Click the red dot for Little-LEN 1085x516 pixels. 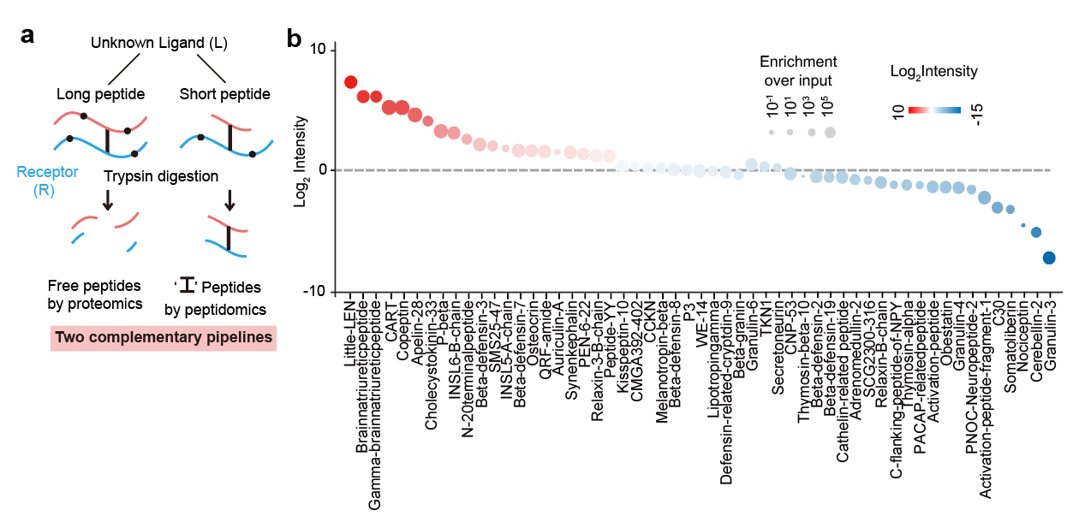[x=350, y=82]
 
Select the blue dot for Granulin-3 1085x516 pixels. [x=1048, y=258]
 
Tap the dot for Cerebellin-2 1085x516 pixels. [x=1035, y=232]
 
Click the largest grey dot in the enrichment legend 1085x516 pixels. [x=830, y=132]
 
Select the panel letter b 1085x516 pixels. [x=294, y=39]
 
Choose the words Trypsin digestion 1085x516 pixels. [x=160, y=176]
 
